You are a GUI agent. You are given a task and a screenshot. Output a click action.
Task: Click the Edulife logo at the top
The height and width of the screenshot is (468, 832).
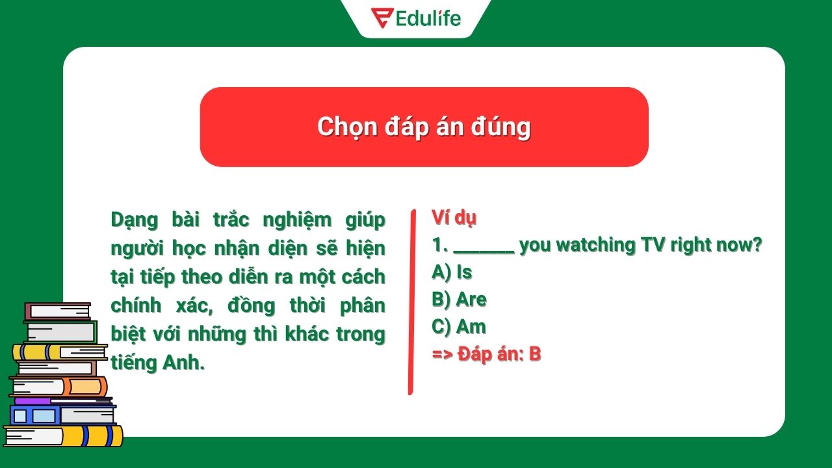pos(416,18)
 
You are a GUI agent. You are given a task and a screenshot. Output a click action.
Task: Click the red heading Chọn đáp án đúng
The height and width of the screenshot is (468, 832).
pos(424,127)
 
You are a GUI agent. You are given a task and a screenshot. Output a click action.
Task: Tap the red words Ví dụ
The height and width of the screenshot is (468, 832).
pos(454,218)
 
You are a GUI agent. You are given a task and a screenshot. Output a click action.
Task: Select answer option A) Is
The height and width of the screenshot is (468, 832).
pos(452,272)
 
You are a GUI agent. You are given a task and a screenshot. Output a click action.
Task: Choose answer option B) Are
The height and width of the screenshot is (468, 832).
pos(459,300)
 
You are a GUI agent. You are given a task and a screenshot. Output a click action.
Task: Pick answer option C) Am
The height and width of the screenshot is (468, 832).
pos(459,327)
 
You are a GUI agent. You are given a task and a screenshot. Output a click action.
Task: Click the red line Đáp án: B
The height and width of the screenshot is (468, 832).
pos(486,354)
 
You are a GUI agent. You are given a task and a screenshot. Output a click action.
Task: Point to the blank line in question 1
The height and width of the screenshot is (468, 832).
pos(484,250)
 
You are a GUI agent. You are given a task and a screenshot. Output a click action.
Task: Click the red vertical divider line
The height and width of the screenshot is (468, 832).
pos(411,302)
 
